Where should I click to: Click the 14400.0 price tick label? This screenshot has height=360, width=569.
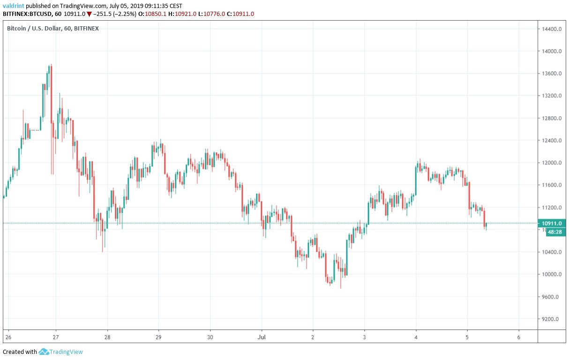[552, 29]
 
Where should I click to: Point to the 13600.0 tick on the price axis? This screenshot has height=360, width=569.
[552, 74]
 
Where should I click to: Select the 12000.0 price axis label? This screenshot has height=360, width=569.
[552, 163]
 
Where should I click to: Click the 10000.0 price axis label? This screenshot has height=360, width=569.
[552, 274]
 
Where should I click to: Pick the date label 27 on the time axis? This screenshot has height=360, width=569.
[56, 337]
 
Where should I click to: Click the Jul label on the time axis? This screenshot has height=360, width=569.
[262, 337]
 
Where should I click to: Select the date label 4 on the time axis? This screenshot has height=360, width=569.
[416, 337]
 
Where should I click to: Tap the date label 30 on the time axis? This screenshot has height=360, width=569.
[210, 337]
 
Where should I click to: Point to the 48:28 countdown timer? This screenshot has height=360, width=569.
[554, 232]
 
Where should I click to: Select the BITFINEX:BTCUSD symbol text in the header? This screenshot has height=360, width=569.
[27, 14]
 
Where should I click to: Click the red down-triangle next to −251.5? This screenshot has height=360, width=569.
[89, 14]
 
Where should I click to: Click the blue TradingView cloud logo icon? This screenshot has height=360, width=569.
[44, 352]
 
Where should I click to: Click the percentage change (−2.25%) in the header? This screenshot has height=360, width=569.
[123, 14]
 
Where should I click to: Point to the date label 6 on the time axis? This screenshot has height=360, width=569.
[518, 337]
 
